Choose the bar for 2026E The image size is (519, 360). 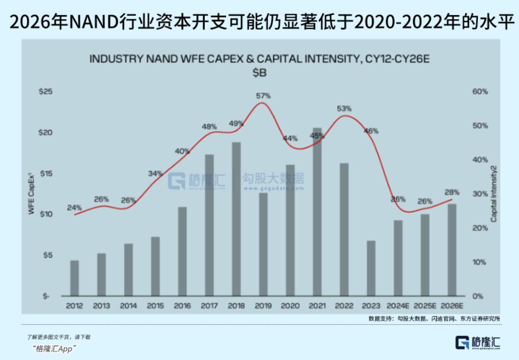point(452,250)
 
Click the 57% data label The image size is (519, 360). point(263,96)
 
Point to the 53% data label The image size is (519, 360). point(344,109)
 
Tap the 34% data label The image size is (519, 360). point(155,173)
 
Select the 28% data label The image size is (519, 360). point(451,192)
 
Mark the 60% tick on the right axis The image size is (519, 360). point(480,92)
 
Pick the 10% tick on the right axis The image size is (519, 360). point(479,262)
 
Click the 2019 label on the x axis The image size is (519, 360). point(263,306)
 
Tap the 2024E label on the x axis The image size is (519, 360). point(398,306)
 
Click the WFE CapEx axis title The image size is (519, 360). point(31,193)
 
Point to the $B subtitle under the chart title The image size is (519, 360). point(259,72)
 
